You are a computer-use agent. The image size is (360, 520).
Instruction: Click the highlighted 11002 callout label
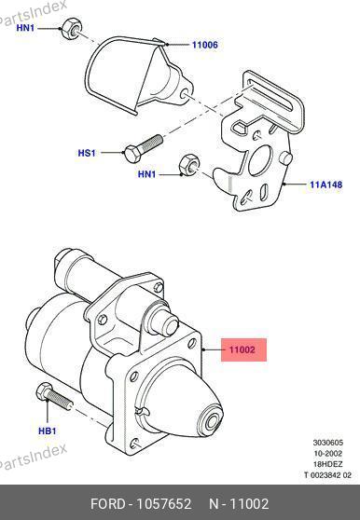pyautogui.click(x=243, y=349)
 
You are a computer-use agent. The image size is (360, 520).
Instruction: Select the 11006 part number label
pyautogui.click(x=205, y=45)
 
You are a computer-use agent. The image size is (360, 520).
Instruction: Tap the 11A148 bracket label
pyautogui.click(x=325, y=185)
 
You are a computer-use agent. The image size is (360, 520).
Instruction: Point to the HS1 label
pyautogui.click(x=87, y=153)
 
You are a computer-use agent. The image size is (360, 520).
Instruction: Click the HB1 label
pyautogui.click(x=48, y=431)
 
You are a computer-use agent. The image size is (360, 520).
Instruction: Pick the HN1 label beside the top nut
pyautogui.click(x=25, y=28)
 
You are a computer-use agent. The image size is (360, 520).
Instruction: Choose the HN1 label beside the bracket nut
pyautogui.click(x=146, y=174)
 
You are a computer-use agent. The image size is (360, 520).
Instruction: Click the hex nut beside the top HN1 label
pyautogui.click(x=72, y=28)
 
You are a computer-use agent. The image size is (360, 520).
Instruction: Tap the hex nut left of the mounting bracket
pyautogui.click(x=189, y=165)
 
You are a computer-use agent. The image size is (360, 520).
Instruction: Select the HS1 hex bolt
pyautogui.click(x=144, y=148)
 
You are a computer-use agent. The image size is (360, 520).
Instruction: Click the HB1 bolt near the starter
pyautogui.click(x=54, y=397)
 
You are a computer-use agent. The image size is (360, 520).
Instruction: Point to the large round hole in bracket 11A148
pyautogui.click(x=260, y=161)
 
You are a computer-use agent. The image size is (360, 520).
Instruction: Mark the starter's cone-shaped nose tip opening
pyautogui.click(x=213, y=421)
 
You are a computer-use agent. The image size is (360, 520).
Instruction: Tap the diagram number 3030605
pyautogui.click(x=327, y=443)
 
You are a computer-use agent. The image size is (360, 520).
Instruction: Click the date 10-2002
pyautogui.click(x=327, y=453)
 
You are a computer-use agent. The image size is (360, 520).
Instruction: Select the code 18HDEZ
pyautogui.click(x=327, y=464)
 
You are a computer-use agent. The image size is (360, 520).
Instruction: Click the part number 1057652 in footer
pyautogui.click(x=164, y=504)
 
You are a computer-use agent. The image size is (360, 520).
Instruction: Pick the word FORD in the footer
pyautogui.click(x=108, y=504)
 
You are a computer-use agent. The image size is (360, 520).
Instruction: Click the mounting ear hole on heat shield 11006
pyautogui.click(x=186, y=93)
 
